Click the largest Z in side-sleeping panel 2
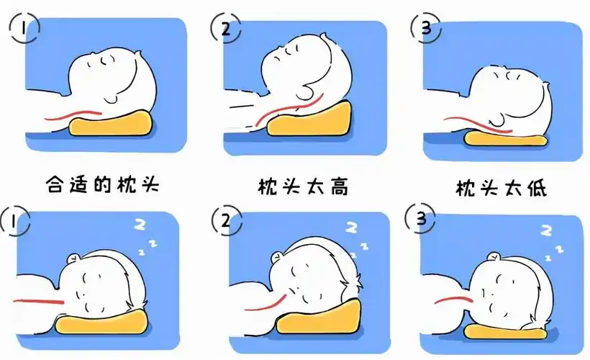tap(352, 228)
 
